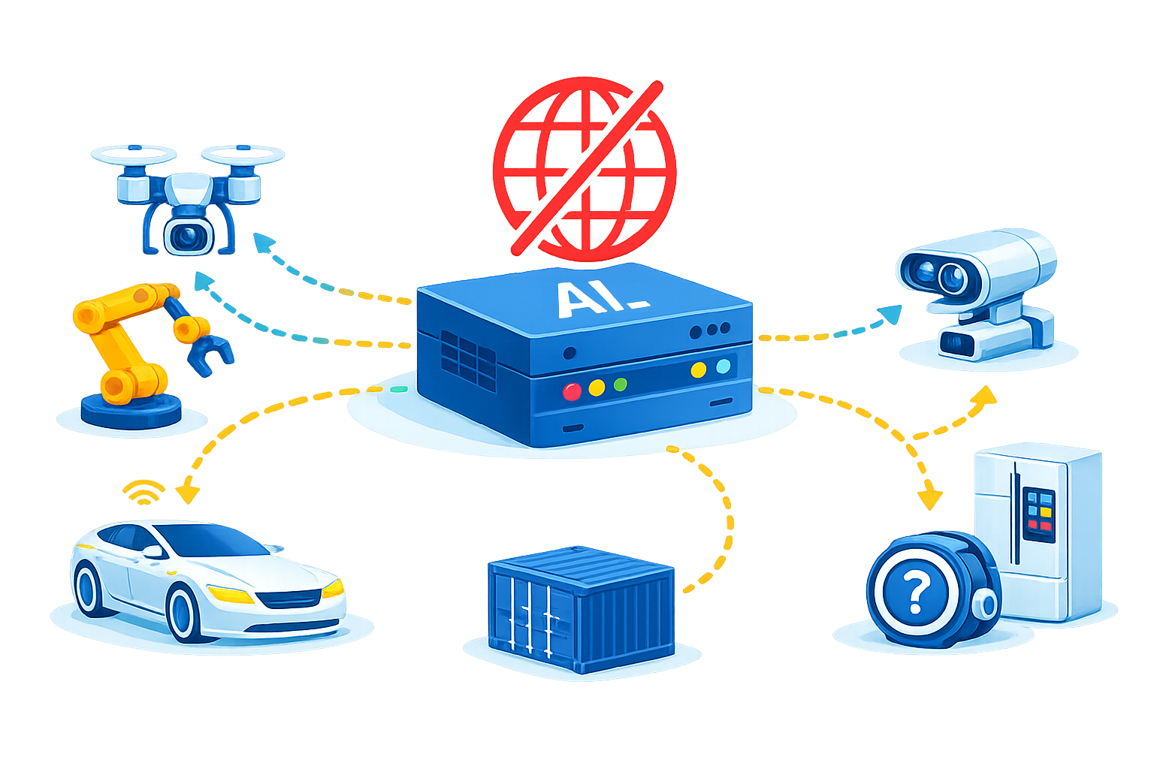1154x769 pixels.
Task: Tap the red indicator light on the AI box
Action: (572, 392)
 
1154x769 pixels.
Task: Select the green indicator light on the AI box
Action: (621, 384)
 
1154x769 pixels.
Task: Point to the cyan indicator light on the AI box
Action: (724, 366)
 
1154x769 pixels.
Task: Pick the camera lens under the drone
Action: (188, 237)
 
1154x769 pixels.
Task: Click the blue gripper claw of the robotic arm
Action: (209, 354)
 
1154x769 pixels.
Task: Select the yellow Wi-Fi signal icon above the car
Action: (143, 492)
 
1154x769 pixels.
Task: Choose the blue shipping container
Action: (581, 610)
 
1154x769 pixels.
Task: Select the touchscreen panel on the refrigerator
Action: (1038, 514)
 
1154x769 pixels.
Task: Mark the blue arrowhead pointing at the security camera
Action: (890, 314)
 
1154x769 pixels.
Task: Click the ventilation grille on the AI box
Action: (468, 360)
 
